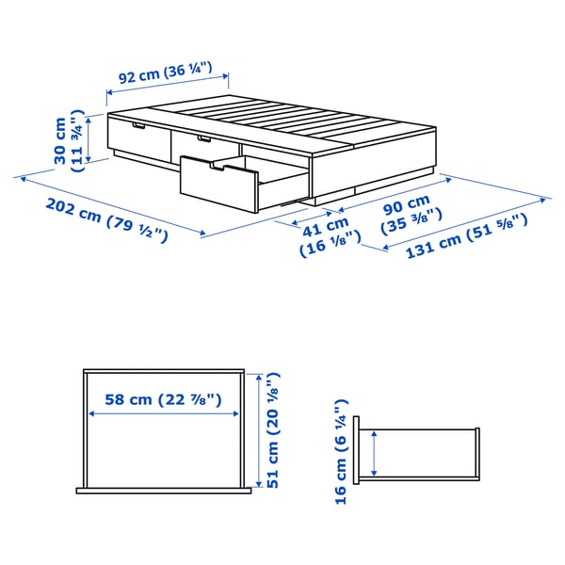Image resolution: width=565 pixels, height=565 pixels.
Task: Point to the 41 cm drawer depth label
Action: [x=326, y=238]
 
